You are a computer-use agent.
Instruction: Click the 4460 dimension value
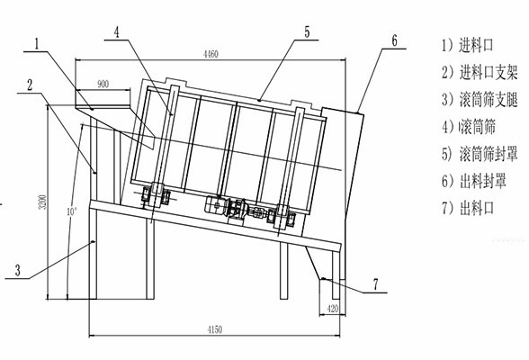click(211, 54)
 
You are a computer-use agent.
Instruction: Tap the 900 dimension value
click(103, 84)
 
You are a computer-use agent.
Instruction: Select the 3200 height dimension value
click(43, 202)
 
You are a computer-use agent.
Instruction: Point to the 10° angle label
click(72, 211)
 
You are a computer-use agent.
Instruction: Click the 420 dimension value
click(333, 309)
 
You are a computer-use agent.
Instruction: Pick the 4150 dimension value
click(215, 329)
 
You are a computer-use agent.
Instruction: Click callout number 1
click(37, 43)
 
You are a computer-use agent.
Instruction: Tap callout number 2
click(30, 85)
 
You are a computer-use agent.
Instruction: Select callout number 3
click(18, 270)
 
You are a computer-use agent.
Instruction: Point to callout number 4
click(117, 32)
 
